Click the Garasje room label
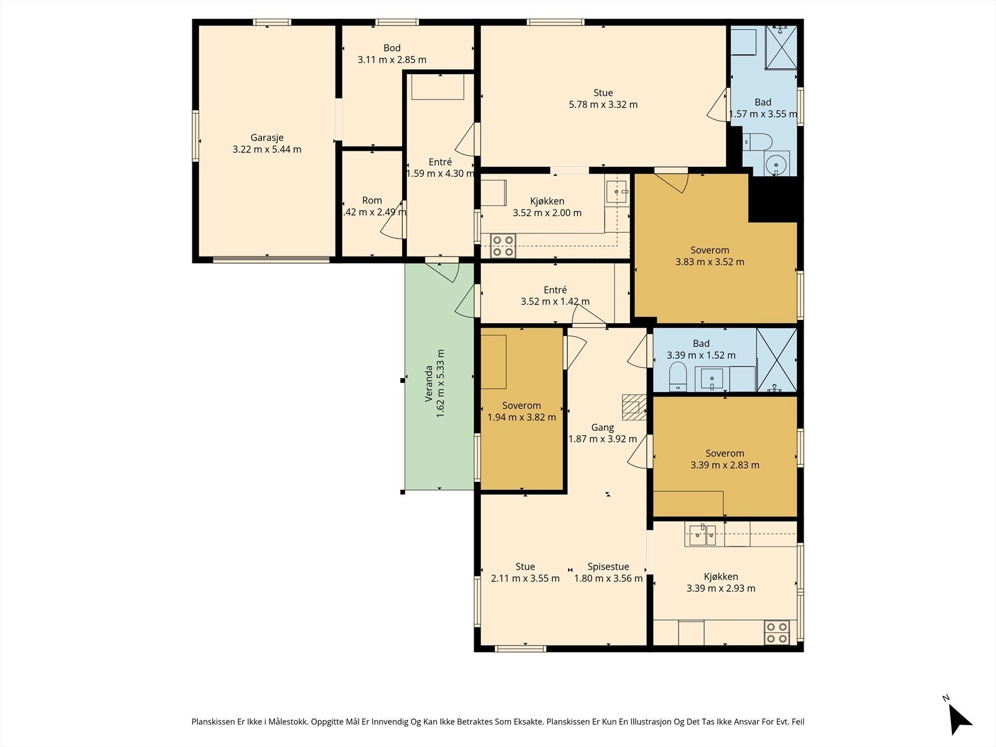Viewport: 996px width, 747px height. click(x=267, y=138)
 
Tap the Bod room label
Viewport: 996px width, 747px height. click(x=392, y=48)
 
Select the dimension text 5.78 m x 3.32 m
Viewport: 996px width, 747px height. click(x=603, y=105)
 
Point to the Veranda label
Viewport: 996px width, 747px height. click(x=428, y=383)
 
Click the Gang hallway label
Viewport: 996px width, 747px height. click(x=603, y=427)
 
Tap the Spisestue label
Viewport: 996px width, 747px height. click(x=608, y=566)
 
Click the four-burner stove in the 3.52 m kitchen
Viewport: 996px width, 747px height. click(x=503, y=245)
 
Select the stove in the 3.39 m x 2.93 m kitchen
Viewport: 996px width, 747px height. click(x=776, y=632)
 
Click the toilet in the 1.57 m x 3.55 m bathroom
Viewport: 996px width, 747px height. click(x=758, y=141)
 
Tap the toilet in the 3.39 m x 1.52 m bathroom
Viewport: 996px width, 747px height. click(x=678, y=376)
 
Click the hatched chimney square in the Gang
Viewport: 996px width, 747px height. click(x=634, y=407)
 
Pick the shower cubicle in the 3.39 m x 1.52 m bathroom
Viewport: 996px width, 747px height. click(x=777, y=360)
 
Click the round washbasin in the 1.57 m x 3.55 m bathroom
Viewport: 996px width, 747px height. click(x=777, y=163)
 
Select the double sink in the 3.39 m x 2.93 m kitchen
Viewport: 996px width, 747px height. click(x=704, y=535)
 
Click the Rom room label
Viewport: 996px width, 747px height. click(x=372, y=200)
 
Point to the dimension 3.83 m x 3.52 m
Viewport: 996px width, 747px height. click(x=710, y=261)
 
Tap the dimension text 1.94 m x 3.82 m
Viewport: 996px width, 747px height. click(x=522, y=417)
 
